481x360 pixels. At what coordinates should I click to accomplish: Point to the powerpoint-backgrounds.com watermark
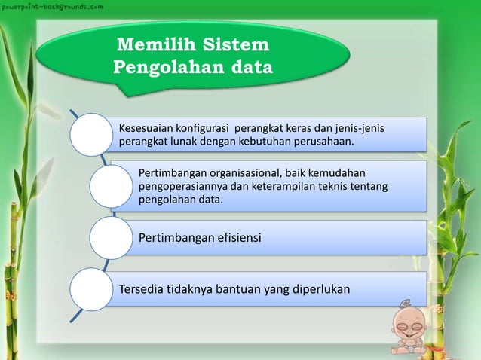(53, 7)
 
